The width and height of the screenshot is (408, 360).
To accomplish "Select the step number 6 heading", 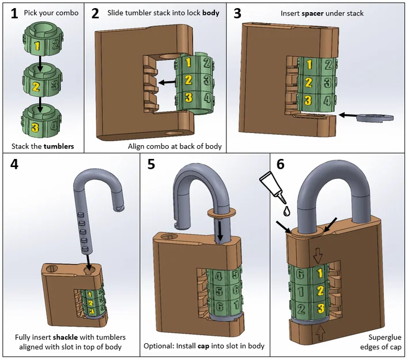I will [280, 164].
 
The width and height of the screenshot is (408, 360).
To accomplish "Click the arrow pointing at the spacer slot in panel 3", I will [348, 115].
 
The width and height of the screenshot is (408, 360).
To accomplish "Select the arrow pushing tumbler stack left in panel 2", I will [168, 83].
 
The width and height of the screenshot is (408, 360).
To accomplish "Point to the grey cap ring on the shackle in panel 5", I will [219, 213].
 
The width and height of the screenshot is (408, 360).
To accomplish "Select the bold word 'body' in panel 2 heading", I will [210, 13].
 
